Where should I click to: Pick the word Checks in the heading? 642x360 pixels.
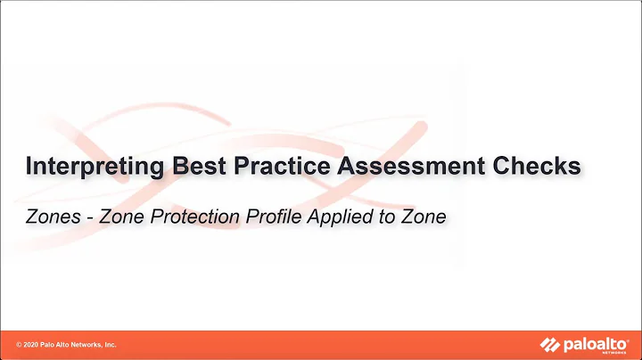pos(539,167)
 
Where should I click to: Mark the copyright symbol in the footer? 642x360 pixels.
pos(19,345)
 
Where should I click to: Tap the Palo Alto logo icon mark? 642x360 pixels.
pos(547,344)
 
